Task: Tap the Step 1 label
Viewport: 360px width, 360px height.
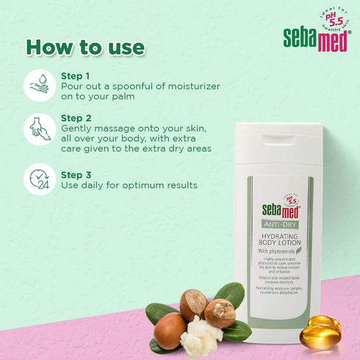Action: point(75,76)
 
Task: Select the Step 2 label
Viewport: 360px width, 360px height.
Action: point(75,118)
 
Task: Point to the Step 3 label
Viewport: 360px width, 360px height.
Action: point(75,175)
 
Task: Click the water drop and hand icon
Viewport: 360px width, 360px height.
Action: point(40,85)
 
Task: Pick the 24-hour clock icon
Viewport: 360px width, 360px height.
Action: point(40,179)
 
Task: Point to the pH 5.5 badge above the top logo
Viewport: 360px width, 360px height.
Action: point(331,21)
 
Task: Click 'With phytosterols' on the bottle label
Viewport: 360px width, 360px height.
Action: point(278,251)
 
